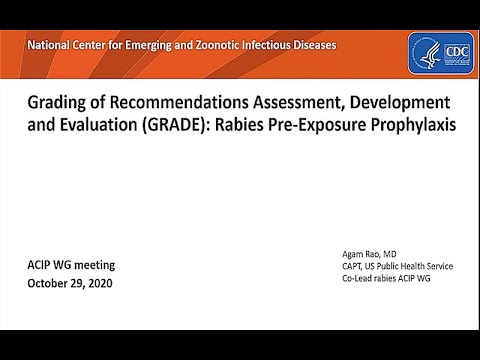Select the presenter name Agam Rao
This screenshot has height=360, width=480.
[x=365, y=254]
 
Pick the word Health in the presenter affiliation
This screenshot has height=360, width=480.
[x=414, y=266]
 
